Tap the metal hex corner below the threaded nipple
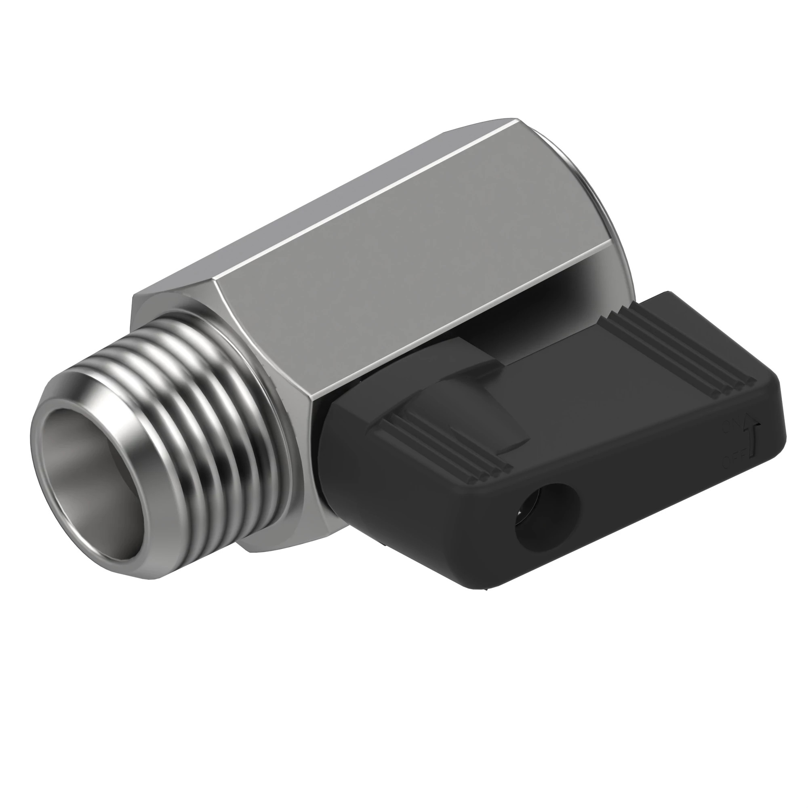click(x=268, y=544)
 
